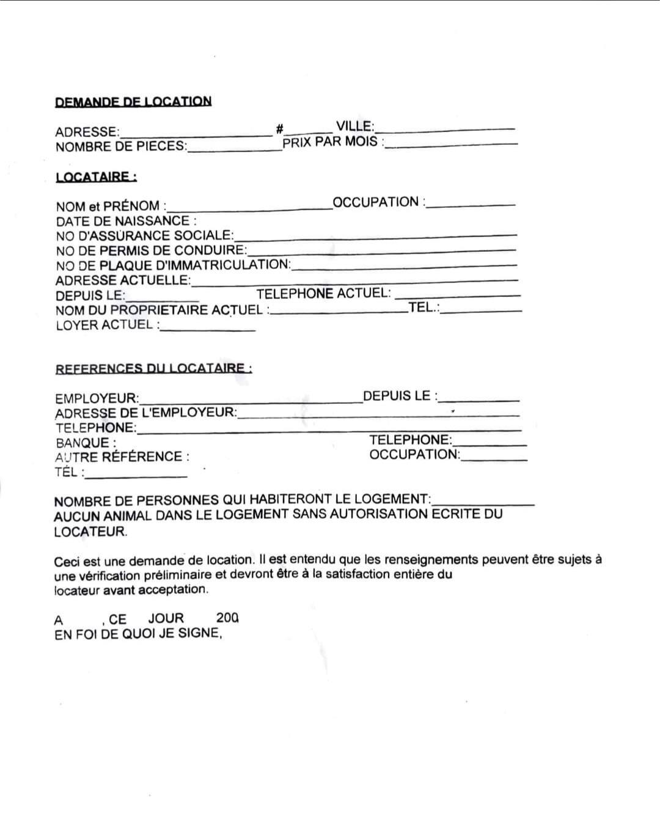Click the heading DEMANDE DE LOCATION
(133, 101)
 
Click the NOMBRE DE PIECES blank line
(234, 148)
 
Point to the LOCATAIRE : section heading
(96, 177)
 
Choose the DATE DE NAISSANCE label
(126, 221)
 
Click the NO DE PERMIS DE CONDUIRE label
(151, 250)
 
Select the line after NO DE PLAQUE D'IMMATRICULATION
(403, 265)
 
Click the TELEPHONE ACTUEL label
(323, 293)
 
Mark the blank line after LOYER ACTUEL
(208, 329)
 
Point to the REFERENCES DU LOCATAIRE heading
(153, 369)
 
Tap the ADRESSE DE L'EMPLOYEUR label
(145, 413)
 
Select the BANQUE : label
(86, 443)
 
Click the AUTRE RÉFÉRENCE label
(122, 457)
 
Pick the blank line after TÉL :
(136, 475)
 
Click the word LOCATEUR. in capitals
(90, 531)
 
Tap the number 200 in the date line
(227, 618)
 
